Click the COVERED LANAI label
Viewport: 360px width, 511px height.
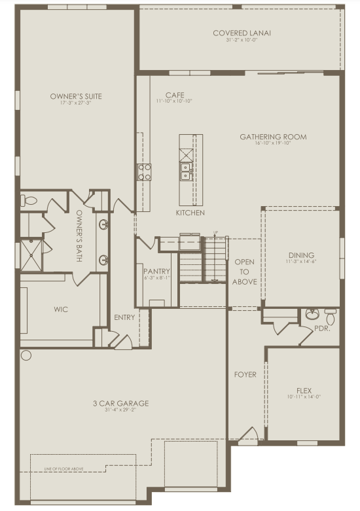(x=242, y=33)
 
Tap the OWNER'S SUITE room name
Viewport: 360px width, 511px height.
(x=76, y=96)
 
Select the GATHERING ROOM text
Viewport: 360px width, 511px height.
(x=273, y=137)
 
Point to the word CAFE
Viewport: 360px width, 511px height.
(x=174, y=95)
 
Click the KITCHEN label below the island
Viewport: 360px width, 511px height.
(x=190, y=213)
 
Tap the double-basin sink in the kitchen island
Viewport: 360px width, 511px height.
(x=187, y=171)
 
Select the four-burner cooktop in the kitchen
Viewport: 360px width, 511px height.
(x=144, y=172)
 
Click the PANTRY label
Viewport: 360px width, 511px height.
(x=157, y=272)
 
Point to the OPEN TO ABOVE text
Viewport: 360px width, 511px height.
(x=244, y=272)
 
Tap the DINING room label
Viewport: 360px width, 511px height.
(x=301, y=255)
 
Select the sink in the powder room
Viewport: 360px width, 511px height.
(x=313, y=315)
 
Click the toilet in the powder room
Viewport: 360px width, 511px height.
(x=331, y=316)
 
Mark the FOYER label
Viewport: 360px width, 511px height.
(x=246, y=375)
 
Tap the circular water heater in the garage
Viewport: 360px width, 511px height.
(x=26, y=355)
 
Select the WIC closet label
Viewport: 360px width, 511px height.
(x=61, y=309)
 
